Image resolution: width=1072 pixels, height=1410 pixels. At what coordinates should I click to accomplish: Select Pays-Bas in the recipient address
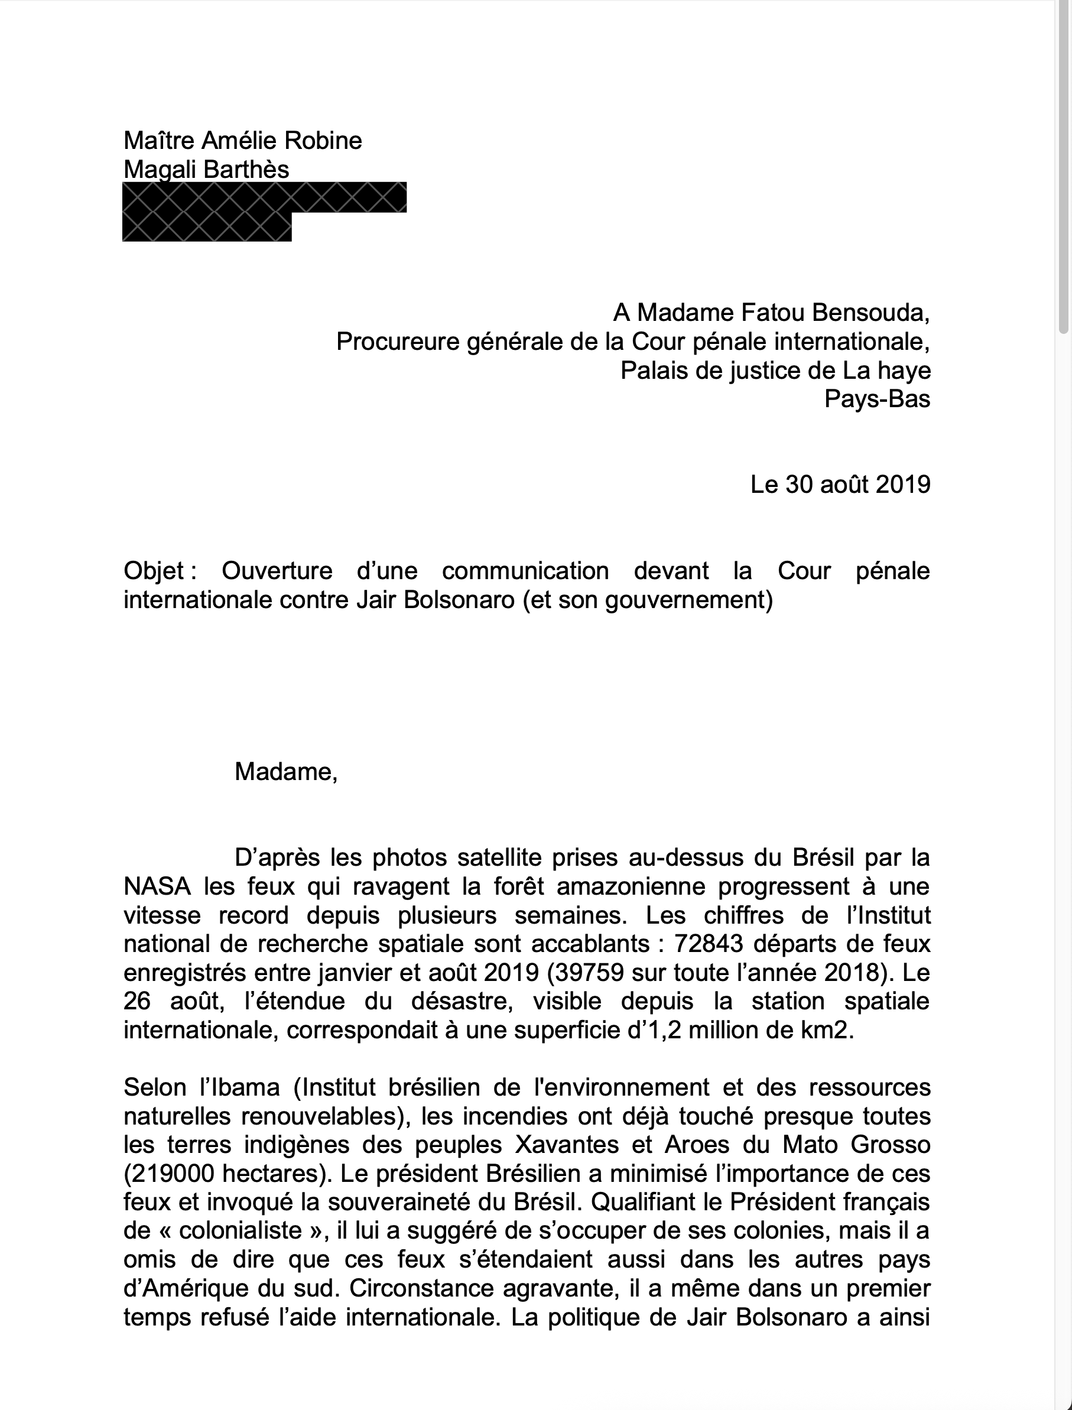[877, 399]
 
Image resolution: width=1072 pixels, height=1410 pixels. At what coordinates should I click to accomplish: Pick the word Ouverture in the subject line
[277, 571]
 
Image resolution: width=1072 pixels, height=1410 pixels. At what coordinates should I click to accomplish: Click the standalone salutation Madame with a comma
[285, 772]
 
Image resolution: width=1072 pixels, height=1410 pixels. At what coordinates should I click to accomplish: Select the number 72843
[710, 944]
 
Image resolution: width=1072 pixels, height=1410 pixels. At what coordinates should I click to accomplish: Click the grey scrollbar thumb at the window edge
[1064, 166]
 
